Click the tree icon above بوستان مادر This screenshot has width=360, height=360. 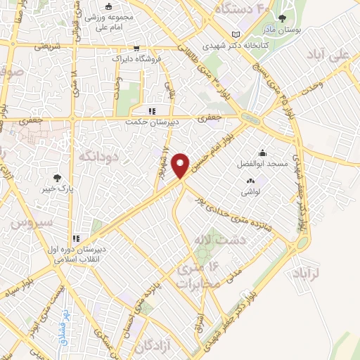(x=283, y=18)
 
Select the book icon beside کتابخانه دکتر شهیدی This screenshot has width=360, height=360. (x=236, y=34)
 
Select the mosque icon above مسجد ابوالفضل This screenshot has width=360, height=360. (x=262, y=152)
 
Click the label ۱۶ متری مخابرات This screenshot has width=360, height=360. (x=204, y=274)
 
